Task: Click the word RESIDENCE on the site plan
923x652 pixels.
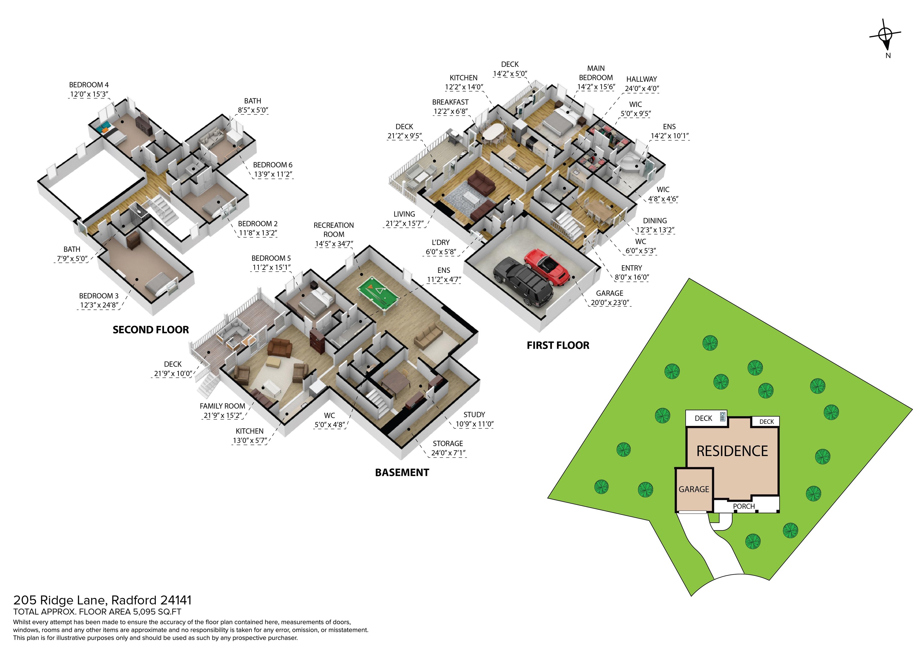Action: pos(732,451)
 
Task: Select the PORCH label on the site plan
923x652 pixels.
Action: pos(744,506)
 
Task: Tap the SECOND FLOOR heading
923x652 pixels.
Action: pos(151,330)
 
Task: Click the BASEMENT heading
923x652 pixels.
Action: pos(402,473)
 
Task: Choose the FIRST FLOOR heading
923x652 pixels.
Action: pos(558,346)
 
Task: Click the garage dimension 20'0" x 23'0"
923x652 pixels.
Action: pos(609,303)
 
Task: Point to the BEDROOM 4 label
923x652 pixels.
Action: pos(89,85)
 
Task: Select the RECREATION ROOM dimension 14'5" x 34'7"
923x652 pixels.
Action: pos(334,244)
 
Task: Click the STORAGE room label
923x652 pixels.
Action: pos(448,443)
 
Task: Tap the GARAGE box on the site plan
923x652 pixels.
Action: pos(694,489)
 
